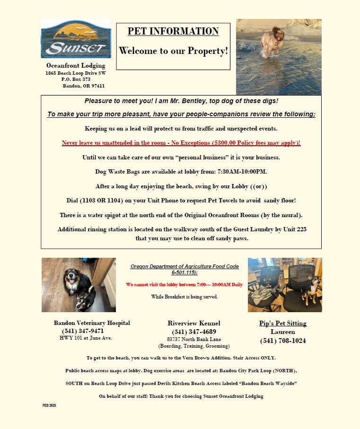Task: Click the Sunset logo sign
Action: click(x=76, y=39)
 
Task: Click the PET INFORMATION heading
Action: click(x=173, y=32)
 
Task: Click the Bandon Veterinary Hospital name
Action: click(x=92, y=323)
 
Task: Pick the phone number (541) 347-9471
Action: click(x=79, y=331)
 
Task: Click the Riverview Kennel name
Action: click(x=194, y=324)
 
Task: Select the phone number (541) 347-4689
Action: click(x=194, y=332)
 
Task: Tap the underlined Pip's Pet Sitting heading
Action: click(x=283, y=324)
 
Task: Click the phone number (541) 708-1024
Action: click(x=283, y=341)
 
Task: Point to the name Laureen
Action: click(x=283, y=332)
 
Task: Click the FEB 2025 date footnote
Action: click(x=49, y=406)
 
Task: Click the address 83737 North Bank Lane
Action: click(x=194, y=339)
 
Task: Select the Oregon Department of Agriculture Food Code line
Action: click(x=184, y=267)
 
